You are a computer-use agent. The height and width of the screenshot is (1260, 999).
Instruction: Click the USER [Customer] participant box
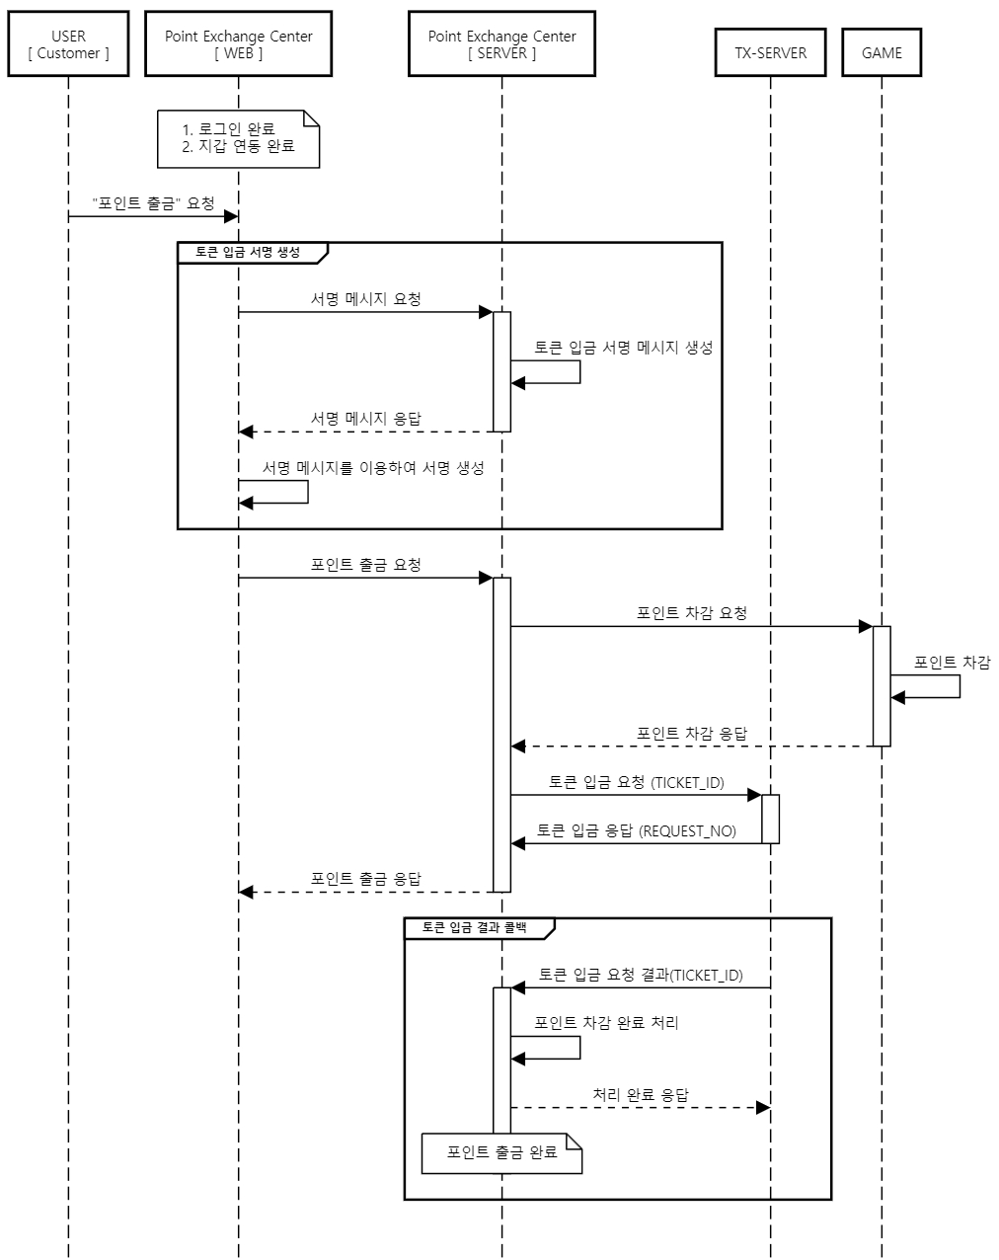click(68, 44)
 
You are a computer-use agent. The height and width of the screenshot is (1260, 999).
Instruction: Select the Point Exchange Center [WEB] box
click(238, 44)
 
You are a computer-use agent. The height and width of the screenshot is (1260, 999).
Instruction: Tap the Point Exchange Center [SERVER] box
click(501, 44)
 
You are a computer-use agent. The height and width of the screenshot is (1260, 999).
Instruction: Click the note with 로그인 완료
click(238, 138)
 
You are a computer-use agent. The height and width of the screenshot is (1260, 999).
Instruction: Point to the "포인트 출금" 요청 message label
click(153, 203)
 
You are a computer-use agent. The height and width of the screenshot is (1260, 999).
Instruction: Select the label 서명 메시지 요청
click(365, 299)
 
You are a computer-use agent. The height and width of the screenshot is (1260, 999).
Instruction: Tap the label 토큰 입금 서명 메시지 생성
click(623, 348)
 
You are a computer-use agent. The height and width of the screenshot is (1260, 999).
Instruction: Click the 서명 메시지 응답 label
click(365, 419)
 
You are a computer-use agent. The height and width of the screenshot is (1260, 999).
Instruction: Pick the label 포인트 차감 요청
click(691, 613)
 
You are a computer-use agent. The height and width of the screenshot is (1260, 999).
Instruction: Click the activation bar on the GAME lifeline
click(882, 685)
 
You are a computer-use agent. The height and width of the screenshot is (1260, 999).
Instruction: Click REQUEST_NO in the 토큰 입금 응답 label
click(688, 831)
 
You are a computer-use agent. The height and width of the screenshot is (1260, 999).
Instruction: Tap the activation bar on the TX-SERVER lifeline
click(770, 819)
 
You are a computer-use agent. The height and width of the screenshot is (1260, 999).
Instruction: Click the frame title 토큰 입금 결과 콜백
click(474, 928)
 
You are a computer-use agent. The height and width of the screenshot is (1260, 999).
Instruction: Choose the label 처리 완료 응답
click(640, 1095)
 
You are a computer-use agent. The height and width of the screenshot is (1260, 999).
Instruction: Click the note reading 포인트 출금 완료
click(501, 1152)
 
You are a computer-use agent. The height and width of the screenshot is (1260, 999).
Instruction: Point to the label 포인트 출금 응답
click(365, 879)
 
